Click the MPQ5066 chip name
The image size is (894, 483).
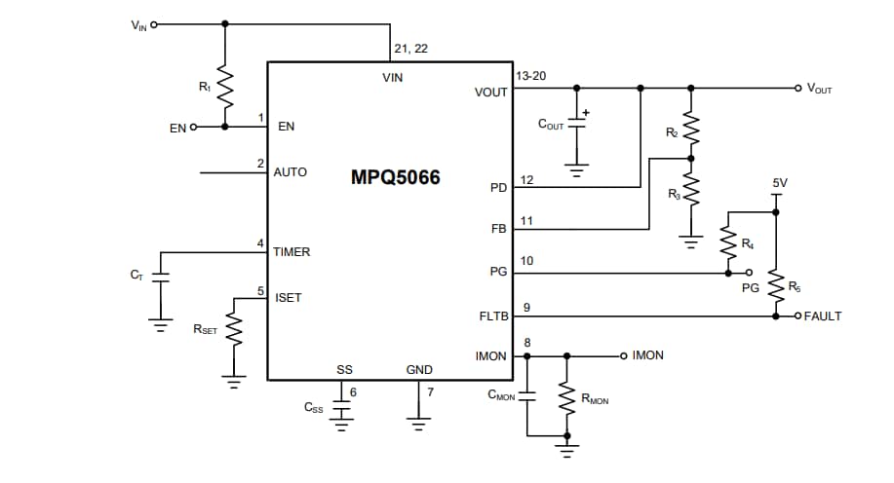pos(395,178)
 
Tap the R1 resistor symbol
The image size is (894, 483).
pos(225,89)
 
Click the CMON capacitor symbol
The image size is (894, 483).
pos(527,396)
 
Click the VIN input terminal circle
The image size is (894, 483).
pos(154,24)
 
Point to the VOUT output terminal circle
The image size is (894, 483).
pos(797,88)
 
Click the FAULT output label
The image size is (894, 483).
pos(823,316)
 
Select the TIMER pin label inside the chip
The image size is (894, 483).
pos(292,252)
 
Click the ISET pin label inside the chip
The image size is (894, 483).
pos(289,298)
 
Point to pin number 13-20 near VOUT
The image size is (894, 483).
pos(530,75)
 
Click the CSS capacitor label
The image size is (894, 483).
pos(314,407)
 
